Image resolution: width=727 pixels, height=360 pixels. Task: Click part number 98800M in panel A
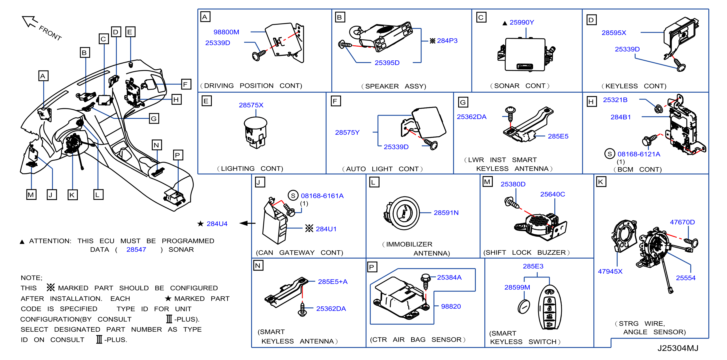226,32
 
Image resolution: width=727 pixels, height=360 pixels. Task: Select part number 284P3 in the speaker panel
447,41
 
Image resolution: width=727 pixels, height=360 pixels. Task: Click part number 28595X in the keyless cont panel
614,33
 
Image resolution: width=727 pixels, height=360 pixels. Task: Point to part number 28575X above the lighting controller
251,105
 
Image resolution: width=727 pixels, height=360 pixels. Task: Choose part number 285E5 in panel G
558,136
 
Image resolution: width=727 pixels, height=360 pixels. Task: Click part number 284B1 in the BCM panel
620,117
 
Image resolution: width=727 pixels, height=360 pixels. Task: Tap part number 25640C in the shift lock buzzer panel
552,194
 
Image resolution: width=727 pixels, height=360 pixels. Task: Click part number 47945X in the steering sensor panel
610,271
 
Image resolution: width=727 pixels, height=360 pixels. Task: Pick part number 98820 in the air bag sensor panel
451,306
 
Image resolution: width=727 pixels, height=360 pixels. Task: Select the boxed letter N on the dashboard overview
156,145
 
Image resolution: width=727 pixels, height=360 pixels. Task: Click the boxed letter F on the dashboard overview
185,84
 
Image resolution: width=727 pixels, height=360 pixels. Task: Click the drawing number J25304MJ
678,348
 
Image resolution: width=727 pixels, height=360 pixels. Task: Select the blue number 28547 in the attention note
136,250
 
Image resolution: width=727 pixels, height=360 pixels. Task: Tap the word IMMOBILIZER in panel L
409,244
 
